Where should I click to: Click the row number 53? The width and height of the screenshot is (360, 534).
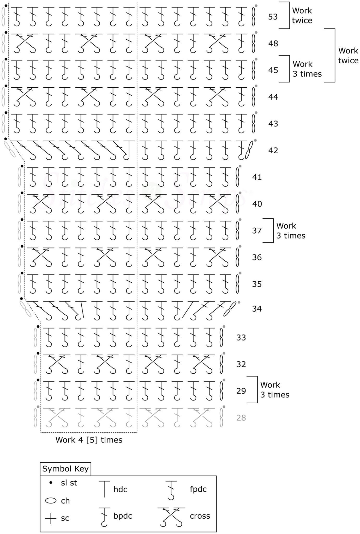click(x=273, y=17)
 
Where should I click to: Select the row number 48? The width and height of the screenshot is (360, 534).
click(x=273, y=43)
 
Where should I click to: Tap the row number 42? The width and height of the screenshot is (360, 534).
click(x=273, y=150)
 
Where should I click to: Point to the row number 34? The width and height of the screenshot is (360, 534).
click(x=257, y=309)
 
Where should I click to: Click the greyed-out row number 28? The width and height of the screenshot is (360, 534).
click(x=241, y=418)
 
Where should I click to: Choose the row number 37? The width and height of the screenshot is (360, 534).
click(x=257, y=230)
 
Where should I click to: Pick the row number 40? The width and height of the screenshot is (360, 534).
click(x=257, y=204)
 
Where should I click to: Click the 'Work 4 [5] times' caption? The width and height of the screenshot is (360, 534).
click(x=89, y=440)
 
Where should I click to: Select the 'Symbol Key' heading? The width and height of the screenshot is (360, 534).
click(x=65, y=469)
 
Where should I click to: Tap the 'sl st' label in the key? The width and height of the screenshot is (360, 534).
click(x=69, y=483)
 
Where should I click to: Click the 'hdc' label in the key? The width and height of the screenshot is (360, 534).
click(x=120, y=489)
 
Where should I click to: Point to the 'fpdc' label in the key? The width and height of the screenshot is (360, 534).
click(x=198, y=489)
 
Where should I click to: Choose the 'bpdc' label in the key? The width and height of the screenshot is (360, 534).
click(x=123, y=516)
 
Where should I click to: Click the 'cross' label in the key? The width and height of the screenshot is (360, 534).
click(x=200, y=516)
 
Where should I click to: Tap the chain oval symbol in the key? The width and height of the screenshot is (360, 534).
click(x=51, y=501)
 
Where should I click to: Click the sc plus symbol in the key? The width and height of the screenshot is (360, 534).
click(x=51, y=519)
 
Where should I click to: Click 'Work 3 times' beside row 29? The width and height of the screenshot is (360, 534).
click(x=275, y=390)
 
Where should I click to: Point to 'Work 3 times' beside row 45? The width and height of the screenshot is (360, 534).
click(x=307, y=69)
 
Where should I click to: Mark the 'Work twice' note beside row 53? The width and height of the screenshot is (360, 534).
click(x=302, y=15)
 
